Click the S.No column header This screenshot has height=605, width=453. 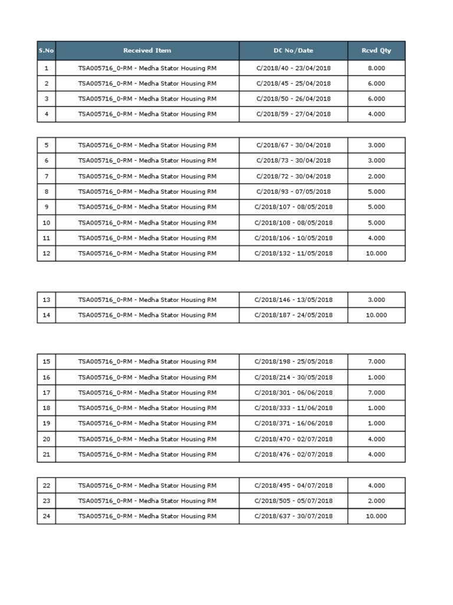[x=46, y=51]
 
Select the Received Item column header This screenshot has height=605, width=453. [x=147, y=51]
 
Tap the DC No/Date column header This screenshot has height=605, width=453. [x=293, y=51]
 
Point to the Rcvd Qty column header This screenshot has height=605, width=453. [x=376, y=51]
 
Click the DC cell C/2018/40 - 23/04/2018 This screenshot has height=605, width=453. [x=293, y=68]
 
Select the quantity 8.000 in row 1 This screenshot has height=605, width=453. [x=376, y=68]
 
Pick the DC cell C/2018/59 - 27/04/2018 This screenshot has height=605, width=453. [x=293, y=114]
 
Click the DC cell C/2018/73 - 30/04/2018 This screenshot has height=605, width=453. [x=293, y=161]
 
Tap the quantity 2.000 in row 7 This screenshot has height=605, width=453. [x=376, y=176]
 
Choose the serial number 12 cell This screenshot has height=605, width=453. [x=47, y=253]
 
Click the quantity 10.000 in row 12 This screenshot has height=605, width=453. [x=376, y=253]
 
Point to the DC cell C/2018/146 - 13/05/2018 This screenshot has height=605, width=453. [x=293, y=300]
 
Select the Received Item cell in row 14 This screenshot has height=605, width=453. [x=147, y=315]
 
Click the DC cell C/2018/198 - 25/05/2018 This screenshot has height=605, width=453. [x=293, y=362]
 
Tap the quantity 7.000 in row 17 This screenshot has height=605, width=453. [x=376, y=392]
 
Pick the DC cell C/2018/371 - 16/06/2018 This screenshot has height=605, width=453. [x=293, y=424]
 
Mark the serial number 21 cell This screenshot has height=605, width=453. [x=47, y=454]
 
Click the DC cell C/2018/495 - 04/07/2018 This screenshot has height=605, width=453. [x=293, y=486]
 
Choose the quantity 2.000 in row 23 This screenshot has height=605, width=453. [x=376, y=500]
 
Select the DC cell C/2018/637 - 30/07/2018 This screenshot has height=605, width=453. [x=293, y=516]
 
